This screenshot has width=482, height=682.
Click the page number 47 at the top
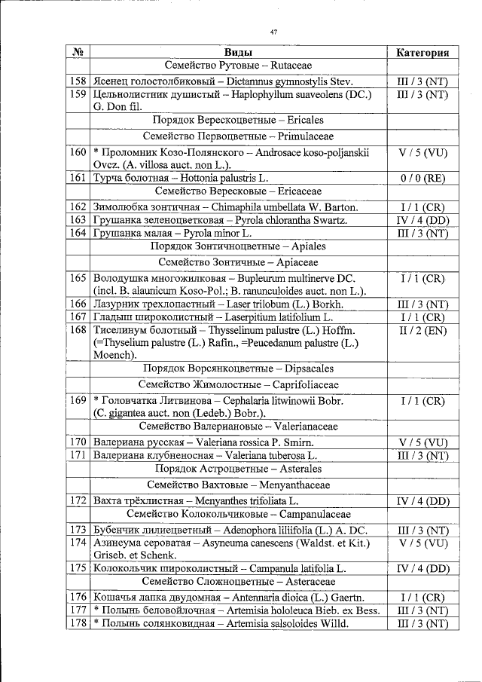point(274,32)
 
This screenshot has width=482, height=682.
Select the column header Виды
point(238,53)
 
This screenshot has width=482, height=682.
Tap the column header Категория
point(423,53)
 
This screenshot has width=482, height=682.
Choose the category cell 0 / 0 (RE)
point(423,178)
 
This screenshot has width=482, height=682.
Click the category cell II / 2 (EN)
point(423,330)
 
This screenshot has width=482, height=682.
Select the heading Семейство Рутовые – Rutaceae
point(238,66)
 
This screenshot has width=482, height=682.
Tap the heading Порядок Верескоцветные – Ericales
point(238,121)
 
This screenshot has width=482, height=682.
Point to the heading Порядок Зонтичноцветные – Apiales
point(238,246)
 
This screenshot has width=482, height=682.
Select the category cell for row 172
point(423,500)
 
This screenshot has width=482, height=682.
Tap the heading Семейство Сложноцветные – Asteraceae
point(238,582)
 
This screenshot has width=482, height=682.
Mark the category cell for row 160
point(423,152)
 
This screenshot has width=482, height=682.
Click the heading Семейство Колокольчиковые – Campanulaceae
point(238,514)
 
